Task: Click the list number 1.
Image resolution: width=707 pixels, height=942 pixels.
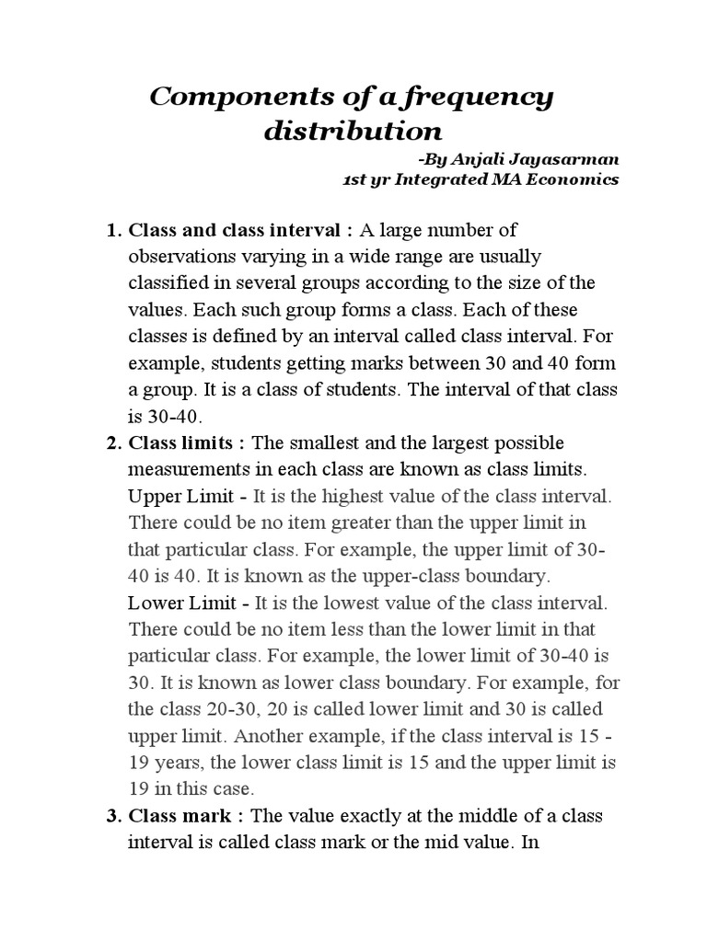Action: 113,228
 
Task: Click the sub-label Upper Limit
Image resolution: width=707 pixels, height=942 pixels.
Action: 183,497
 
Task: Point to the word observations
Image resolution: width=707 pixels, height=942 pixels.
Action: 180,255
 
